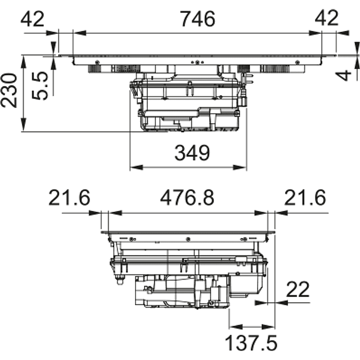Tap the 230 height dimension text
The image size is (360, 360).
[11, 90]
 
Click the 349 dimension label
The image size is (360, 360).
[191, 152]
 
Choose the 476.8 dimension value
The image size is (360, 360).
[187, 197]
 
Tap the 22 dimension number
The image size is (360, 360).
[298, 290]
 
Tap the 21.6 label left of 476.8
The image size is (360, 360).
[69, 197]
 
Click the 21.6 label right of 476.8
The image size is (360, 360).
[305, 197]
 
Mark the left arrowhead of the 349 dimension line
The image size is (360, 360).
[133, 167]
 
